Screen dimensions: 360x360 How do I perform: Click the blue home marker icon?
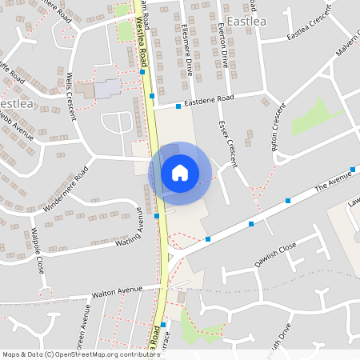[179, 172]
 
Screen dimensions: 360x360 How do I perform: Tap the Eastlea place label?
[249, 20]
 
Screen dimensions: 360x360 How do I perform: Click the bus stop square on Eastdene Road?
[178, 106]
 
